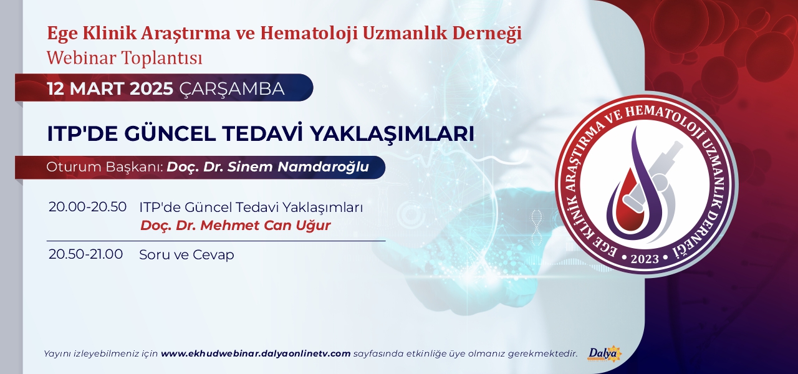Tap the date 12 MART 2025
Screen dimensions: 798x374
coord(110,89)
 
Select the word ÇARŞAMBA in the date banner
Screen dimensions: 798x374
coord(232,89)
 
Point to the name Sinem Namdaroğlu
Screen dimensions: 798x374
coord(298,166)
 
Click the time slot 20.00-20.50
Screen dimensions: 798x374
coord(88,207)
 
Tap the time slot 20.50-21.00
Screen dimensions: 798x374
coord(86,254)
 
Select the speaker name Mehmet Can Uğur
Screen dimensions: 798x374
coord(266,226)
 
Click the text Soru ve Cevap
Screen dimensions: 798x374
coord(186,255)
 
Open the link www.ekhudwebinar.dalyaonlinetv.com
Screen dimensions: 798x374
coord(256,353)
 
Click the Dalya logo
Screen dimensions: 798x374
coord(604,353)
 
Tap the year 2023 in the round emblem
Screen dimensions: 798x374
coord(645,259)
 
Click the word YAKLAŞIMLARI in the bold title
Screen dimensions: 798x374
coord(392,134)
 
